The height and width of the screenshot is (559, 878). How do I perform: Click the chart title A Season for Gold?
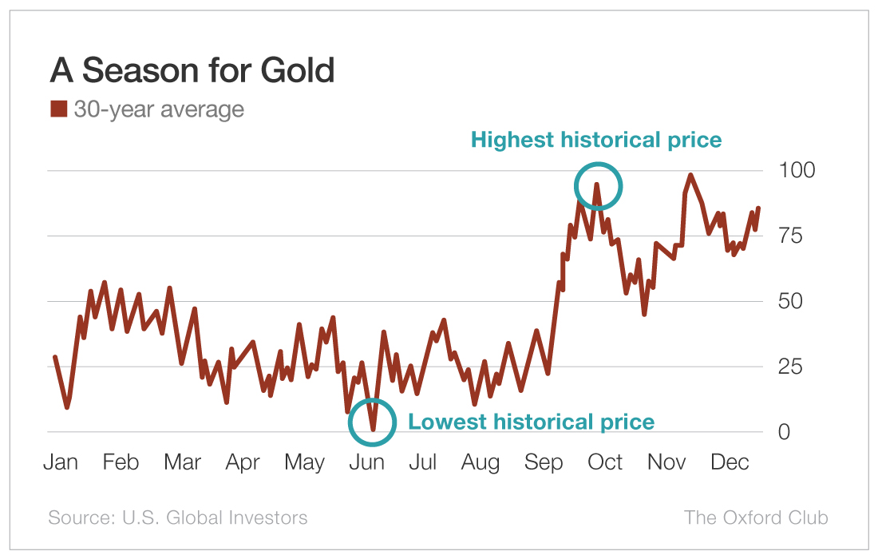click(x=192, y=70)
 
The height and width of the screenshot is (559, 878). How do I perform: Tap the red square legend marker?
click(x=58, y=109)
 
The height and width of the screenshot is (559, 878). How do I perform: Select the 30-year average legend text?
click(x=158, y=109)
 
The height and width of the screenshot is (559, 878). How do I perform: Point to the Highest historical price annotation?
click(x=595, y=140)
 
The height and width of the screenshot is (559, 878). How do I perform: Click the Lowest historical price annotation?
click(x=531, y=422)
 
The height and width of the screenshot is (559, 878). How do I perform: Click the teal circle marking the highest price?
click(x=598, y=185)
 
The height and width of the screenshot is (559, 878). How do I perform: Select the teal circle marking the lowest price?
click(x=372, y=422)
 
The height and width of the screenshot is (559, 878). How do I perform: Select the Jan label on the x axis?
click(x=60, y=462)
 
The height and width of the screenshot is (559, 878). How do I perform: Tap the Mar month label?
click(x=182, y=462)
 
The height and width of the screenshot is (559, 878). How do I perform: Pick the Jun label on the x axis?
click(x=368, y=462)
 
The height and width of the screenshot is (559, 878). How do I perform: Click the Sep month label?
click(x=544, y=462)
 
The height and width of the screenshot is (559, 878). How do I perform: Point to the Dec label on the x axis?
click(x=729, y=462)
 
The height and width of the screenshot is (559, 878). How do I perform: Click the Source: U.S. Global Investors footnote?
click(x=177, y=517)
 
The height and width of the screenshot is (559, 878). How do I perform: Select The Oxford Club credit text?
click(x=755, y=517)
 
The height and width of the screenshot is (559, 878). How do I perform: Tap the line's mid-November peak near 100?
click(x=690, y=175)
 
